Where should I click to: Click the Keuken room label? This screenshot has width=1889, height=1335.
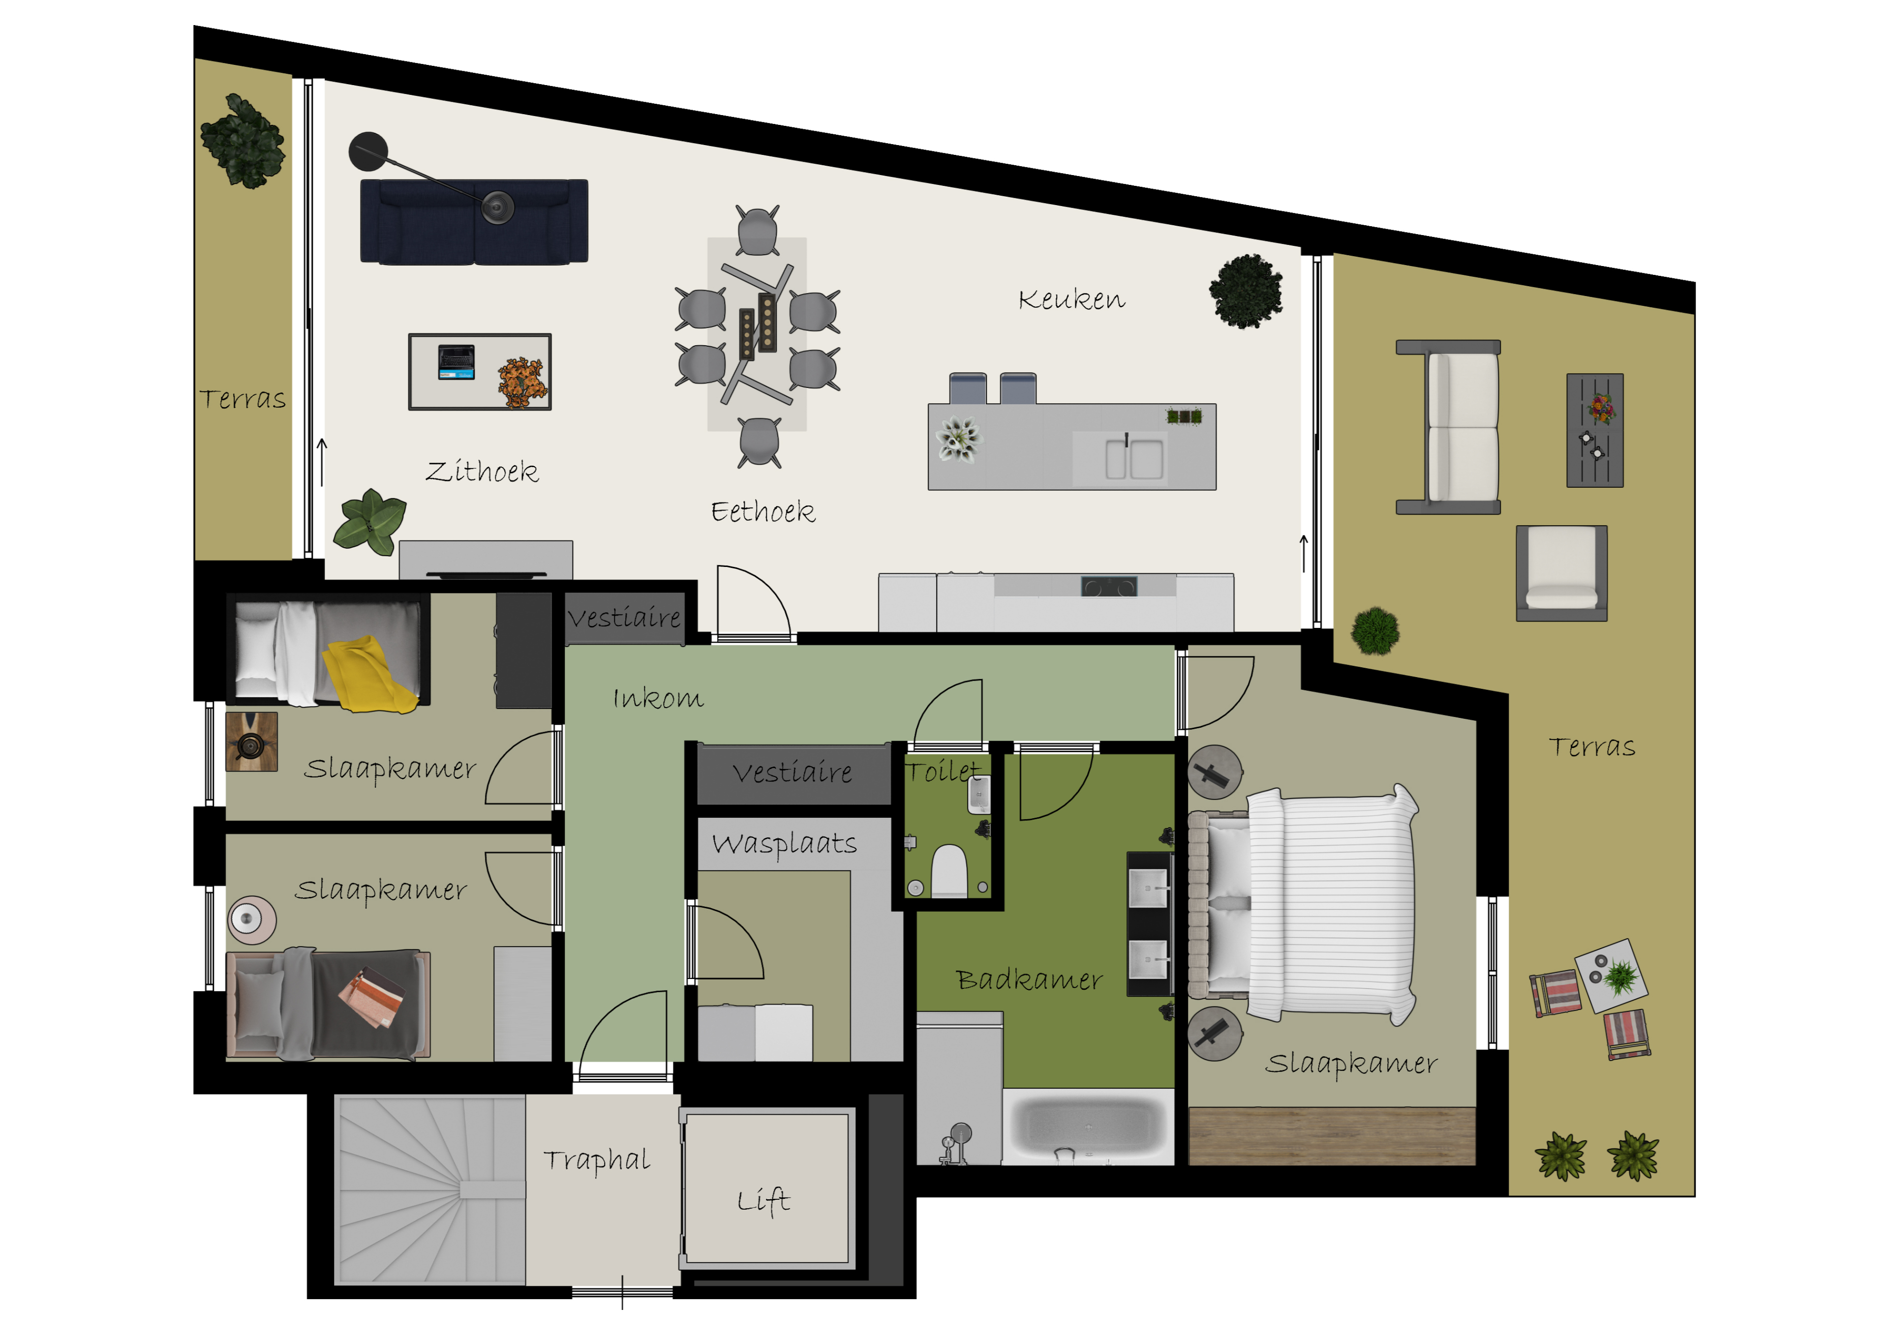1071,299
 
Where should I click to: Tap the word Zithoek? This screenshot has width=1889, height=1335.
482,472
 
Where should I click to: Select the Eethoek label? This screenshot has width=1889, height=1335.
762,511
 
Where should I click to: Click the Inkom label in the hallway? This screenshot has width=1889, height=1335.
658,698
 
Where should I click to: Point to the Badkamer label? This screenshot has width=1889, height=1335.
1029,979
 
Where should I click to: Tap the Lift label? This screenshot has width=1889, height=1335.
763,1200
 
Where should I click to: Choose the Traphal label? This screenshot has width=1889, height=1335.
597,1160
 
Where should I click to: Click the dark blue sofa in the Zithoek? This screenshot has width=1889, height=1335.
474,222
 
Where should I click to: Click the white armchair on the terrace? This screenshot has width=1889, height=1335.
1561,573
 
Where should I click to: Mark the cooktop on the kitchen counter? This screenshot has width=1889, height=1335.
1109,587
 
